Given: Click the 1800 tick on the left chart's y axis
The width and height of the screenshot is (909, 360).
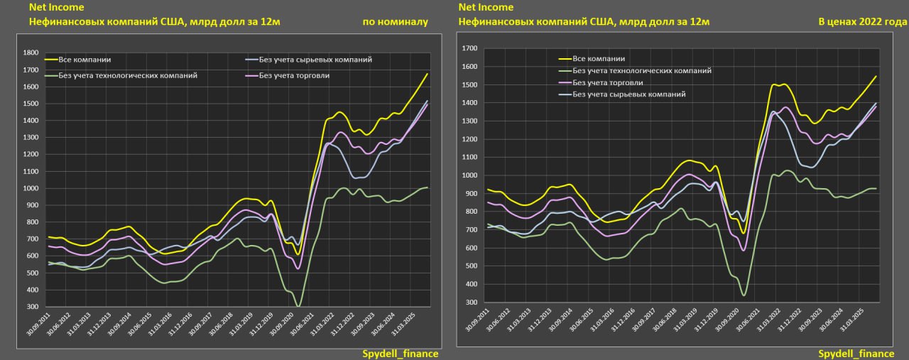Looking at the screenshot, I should click(x=31, y=53).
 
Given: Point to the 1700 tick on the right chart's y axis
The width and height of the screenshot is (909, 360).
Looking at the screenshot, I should click(x=469, y=48).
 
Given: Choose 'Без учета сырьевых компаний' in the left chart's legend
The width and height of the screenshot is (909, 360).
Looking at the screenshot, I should click(x=315, y=60).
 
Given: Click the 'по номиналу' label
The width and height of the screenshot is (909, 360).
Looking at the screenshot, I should click(x=395, y=22).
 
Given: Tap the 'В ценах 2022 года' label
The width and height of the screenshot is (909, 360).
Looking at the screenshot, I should click(x=862, y=22).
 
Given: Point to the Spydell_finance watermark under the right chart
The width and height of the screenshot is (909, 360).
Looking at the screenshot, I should click(x=856, y=354).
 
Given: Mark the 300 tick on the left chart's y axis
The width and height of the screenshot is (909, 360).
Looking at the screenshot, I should click(x=33, y=307).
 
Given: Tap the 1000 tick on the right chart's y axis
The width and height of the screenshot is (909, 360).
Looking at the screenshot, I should click(x=469, y=175).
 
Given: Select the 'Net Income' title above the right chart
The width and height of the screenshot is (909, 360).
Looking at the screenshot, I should click(x=486, y=7).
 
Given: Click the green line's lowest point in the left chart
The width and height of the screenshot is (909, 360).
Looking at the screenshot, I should click(x=298, y=306).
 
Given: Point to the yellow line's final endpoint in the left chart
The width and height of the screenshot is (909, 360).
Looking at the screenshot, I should click(x=427, y=74).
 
